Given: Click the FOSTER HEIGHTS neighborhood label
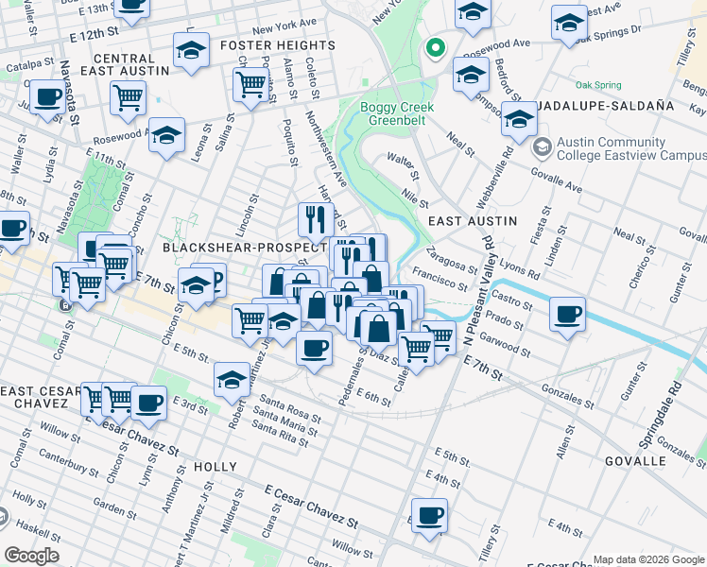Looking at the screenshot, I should [x=277, y=45].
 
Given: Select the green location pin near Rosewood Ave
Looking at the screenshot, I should [x=435, y=47].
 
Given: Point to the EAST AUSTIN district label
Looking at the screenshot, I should [x=473, y=220].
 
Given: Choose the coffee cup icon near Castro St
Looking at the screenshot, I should [x=567, y=314].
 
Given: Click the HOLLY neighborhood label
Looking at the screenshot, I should [x=215, y=467].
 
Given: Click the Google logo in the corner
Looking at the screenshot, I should [x=32, y=555].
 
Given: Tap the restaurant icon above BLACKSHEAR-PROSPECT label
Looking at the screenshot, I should [x=316, y=219].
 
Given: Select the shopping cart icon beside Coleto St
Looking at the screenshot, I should [x=250, y=83].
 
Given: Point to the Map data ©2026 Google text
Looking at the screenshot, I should [x=647, y=559].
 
